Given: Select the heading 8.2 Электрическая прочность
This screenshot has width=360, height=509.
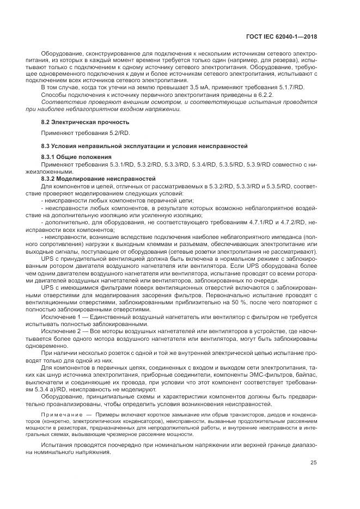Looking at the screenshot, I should tap(86, 122).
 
